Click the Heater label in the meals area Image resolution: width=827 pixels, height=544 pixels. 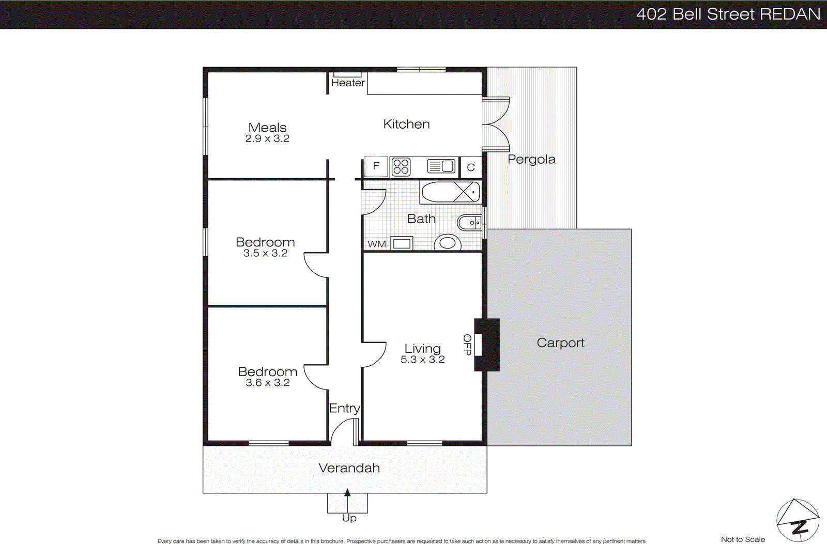click(348, 83)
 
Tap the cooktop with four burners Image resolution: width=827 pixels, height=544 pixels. click(401, 167)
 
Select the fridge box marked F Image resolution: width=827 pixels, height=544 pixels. click(376, 166)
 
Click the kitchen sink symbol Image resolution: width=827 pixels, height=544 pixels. click(441, 166)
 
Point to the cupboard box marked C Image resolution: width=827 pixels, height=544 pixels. click(471, 167)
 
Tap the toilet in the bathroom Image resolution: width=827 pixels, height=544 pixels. click(447, 242)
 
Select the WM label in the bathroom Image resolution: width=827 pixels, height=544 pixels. click(377, 244)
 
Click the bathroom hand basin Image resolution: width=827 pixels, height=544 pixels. click(469, 223)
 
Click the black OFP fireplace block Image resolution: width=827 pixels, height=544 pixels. click(487, 345)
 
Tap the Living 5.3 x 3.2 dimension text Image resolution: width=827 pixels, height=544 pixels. click(422, 360)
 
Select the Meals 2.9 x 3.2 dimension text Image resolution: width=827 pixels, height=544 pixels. click(267, 138)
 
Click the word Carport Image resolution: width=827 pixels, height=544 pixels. click(560, 343)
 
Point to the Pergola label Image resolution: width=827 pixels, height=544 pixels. click(531, 159)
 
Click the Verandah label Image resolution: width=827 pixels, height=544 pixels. click(349, 468)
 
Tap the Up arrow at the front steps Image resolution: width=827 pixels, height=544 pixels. click(347, 494)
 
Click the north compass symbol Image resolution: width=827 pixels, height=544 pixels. click(798, 521)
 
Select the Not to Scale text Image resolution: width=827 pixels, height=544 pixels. click(743, 539)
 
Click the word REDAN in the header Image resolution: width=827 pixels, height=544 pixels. click(790, 14)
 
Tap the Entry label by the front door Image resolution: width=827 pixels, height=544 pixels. click(344, 408)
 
